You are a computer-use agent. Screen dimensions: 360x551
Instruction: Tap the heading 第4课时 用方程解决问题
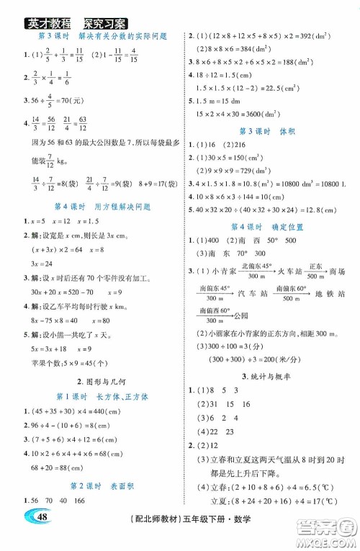(x=94, y=207)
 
